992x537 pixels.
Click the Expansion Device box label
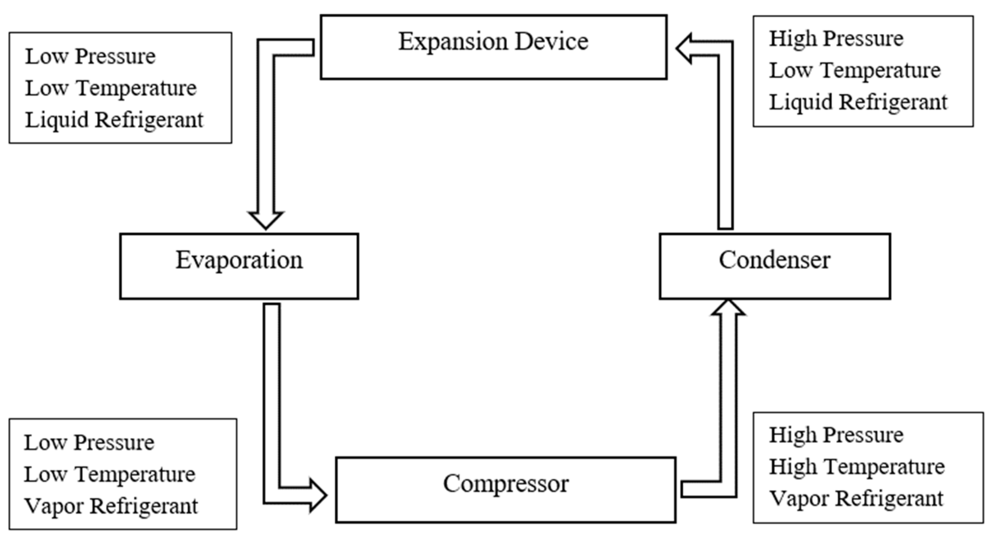pyautogui.click(x=493, y=42)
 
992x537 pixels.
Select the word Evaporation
pyautogui.click(x=239, y=260)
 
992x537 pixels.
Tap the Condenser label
pyautogui.click(x=775, y=260)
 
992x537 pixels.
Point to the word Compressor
pyautogui.click(x=505, y=484)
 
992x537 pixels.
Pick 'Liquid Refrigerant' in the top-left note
pyautogui.click(x=114, y=120)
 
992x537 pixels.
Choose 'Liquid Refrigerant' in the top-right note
pyautogui.click(x=858, y=103)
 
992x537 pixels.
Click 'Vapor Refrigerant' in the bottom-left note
pyautogui.click(x=111, y=506)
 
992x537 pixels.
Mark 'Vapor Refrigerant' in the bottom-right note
pyautogui.click(x=856, y=499)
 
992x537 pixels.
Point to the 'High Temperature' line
pyautogui.click(x=857, y=467)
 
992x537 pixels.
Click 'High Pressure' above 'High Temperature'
pyautogui.click(x=836, y=435)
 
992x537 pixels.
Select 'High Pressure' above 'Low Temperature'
pyautogui.click(x=836, y=38)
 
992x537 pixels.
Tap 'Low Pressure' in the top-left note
pyautogui.click(x=90, y=57)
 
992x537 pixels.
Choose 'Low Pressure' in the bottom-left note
pyautogui.click(x=89, y=443)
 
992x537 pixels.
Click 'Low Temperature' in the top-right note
pyautogui.click(x=855, y=71)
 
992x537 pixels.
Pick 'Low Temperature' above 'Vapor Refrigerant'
pyautogui.click(x=109, y=474)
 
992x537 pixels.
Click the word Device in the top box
pyautogui.click(x=551, y=42)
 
